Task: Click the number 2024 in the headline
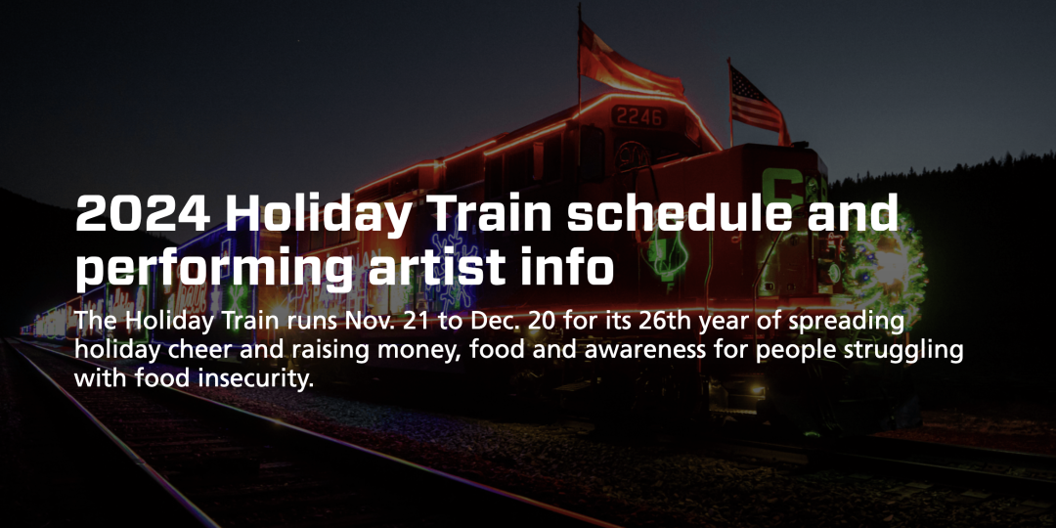[x=142, y=213]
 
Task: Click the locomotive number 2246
[x=639, y=117]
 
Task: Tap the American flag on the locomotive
[x=756, y=101]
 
